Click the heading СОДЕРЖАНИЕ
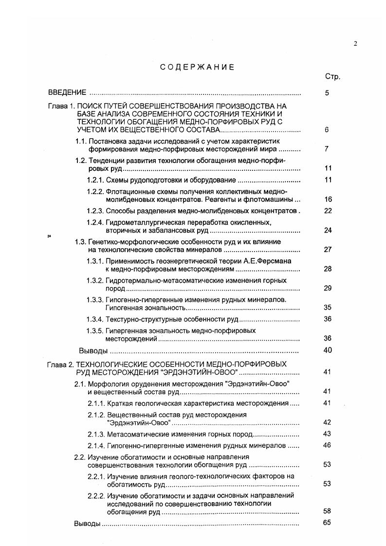tap(197, 67)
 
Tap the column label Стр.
tap(332, 77)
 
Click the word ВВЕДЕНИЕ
tap(67, 92)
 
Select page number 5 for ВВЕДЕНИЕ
tap(328, 92)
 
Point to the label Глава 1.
tap(61, 106)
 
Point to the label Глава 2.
tap(61, 364)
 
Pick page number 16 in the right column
tap(328, 199)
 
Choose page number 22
tap(328, 211)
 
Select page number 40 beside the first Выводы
tap(328, 350)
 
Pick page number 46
tap(327, 445)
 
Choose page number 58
tap(327, 511)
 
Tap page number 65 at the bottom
tap(327, 523)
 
